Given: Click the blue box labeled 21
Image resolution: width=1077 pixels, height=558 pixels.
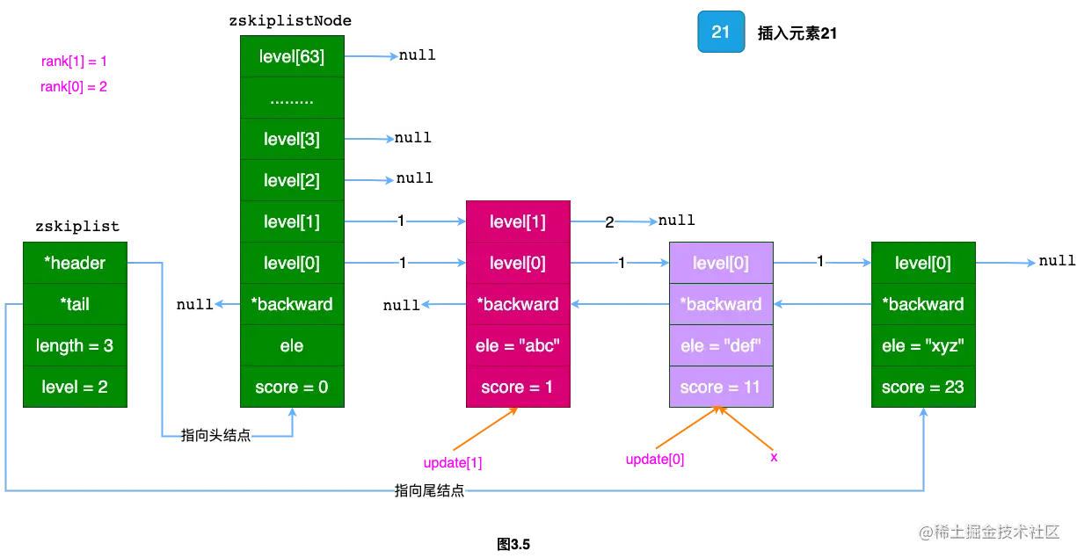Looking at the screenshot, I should [x=720, y=33].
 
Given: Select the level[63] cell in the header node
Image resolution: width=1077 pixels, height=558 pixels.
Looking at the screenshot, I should [x=292, y=57].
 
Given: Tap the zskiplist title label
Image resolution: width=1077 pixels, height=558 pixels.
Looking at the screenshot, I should [x=76, y=227].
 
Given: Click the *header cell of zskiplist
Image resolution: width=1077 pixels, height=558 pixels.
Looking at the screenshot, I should [x=76, y=263].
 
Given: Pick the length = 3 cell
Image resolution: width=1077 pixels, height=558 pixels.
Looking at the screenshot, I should [x=76, y=345].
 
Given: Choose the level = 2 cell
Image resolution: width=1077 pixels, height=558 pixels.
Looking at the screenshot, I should [x=76, y=387].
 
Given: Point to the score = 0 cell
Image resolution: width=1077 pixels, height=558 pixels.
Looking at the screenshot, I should [x=292, y=387].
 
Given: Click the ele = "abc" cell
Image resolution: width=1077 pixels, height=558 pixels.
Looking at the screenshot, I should [x=518, y=345].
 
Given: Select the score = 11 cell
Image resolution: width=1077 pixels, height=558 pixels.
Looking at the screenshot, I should [x=721, y=387].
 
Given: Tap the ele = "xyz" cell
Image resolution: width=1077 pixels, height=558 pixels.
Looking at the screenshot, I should [x=923, y=345].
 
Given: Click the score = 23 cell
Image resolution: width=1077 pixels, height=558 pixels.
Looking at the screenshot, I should [x=923, y=387].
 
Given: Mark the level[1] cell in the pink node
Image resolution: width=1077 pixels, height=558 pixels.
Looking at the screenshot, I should [x=518, y=221].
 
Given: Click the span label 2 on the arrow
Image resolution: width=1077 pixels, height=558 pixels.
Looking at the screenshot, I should [x=609, y=222].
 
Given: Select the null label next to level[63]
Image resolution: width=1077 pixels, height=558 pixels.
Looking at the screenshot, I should [x=417, y=54].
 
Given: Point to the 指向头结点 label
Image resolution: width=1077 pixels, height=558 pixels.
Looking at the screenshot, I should [x=215, y=436].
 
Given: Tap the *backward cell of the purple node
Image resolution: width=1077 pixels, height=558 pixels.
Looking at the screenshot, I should [x=721, y=304].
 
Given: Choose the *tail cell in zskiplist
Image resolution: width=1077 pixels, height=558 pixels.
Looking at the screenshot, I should [x=76, y=304].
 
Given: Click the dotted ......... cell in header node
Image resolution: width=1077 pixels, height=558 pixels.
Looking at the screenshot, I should [x=292, y=98].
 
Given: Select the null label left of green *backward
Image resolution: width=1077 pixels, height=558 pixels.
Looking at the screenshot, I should [x=194, y=304].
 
